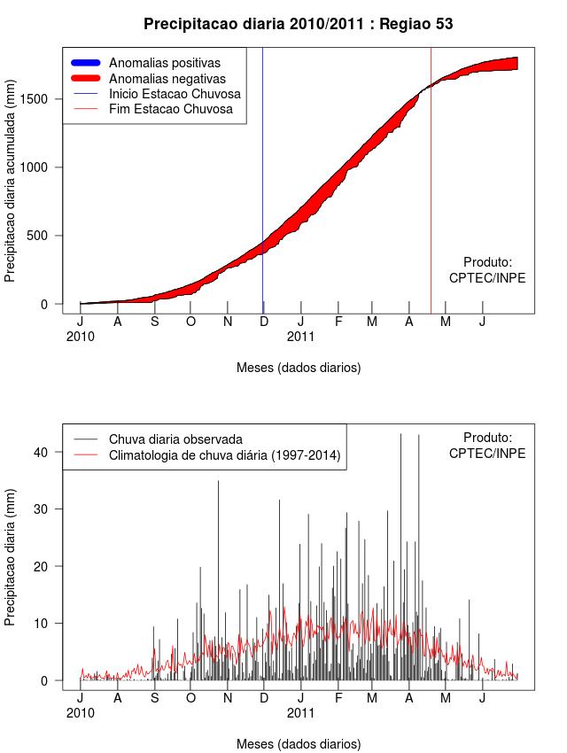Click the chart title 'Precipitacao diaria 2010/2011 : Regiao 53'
click(298, 24)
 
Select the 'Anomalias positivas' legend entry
click(164, 63)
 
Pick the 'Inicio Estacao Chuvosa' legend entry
click(175, 94)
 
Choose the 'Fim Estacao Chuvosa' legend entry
click(170, 109)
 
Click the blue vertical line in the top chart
click(262, 177)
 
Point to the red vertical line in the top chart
click(431, 177)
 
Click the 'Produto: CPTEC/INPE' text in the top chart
click(487, 270)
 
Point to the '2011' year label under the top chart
click(301, 337)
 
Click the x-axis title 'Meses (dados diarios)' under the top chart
click(299, 367)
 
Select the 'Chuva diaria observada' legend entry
click(175, 439)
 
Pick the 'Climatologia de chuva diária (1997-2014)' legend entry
click(225, 455)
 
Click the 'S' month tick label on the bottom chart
click(154, 697)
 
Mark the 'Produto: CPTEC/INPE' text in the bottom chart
click(487, 446)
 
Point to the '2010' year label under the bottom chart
click(81, 712)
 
